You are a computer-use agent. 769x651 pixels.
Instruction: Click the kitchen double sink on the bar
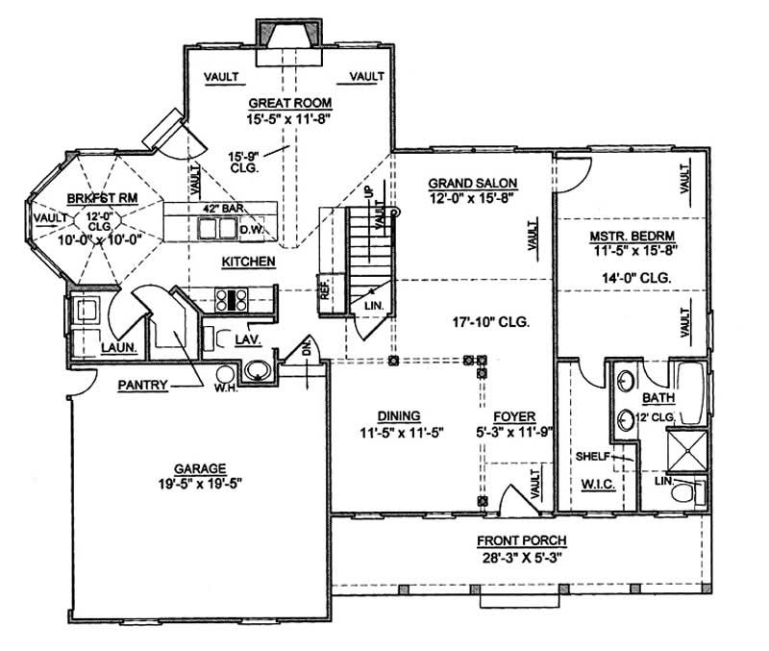pos(216,228)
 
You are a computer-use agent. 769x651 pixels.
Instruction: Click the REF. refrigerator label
pos(325,292)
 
